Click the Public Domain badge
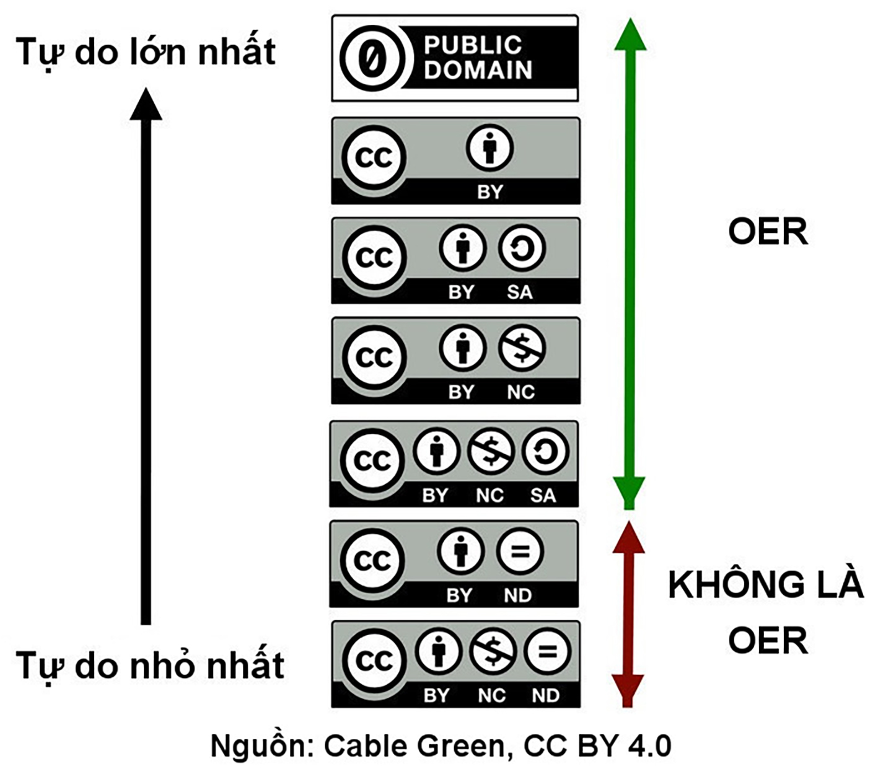point(455,59)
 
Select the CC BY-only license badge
point(455,160)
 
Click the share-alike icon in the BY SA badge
point(522,249)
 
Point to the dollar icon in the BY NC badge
point(522,349)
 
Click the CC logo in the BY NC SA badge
point(372,460)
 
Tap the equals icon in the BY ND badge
point(519,551)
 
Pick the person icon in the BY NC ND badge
point(439,651)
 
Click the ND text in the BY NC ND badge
point(545,695)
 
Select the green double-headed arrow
point(630,263)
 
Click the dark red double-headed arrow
point(628,613)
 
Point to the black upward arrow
point(146,356)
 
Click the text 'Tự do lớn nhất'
point(146,51)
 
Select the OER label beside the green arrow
point(768,232)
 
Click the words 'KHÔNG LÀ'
point(765,584)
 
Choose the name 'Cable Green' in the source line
point(415,745)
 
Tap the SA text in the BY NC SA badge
point(543,495)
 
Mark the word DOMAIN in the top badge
point(478,70)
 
